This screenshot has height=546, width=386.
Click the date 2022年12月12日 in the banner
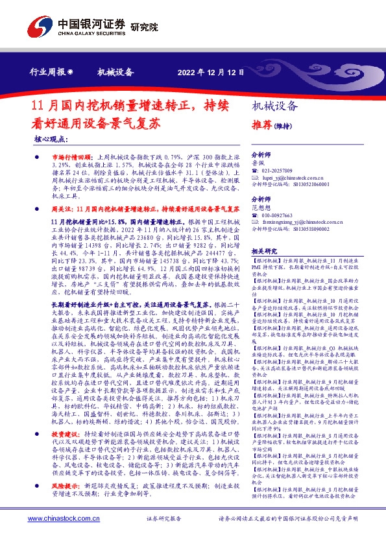pyautogui.click(x=210, y=72)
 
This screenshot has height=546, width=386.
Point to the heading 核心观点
pyautogui.click(x=51, y=139)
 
